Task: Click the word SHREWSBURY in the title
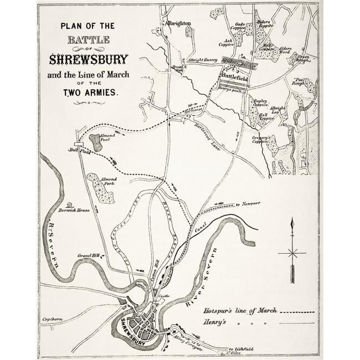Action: coord(89,59)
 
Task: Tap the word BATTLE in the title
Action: coord(89,39)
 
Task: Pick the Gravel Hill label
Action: coord(89,255)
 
